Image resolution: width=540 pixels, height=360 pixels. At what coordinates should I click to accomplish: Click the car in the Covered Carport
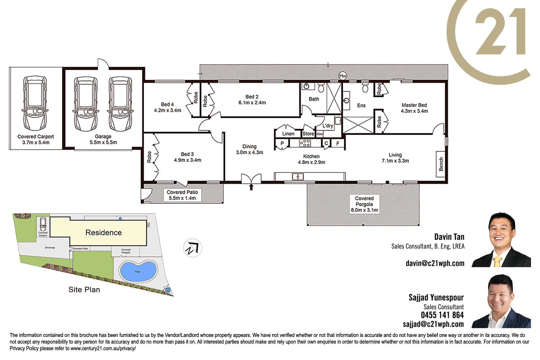pyautogui.click(x=35, y=103)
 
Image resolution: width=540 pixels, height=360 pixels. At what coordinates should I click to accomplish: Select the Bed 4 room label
pyautogui.click(x=167, y=104)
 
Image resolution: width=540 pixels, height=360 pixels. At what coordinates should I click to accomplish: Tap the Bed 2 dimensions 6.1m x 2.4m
pyautogui.click(x=252, y=103)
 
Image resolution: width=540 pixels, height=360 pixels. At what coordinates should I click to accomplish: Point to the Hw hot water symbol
pyautogui.click(x=343, y=76)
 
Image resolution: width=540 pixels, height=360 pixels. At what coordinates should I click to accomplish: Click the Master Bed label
pyautogui.click(x=414, y=105)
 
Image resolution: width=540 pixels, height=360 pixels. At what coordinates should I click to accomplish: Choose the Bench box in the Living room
pyautogui.click(x=441, y=164)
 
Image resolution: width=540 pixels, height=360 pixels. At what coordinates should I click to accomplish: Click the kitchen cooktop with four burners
pyautogui.click(x=305, y=143)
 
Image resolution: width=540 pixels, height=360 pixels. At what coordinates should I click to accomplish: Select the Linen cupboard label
pyautogui.click(x=288, y=134)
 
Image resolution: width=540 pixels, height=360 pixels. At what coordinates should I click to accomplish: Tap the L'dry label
pyautogui.click(x=328, y=126)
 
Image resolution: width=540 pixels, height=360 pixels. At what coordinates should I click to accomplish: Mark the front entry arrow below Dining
pyautogui.click(x=251, y=187)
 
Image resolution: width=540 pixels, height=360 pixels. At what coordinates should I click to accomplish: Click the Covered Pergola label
pyautogui.click(x=364, y=201)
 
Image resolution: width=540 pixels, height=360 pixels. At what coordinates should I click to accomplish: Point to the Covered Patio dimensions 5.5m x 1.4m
pyautogui.click(x=182, y=198)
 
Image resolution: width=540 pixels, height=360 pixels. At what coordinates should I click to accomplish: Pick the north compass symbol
pyautogui.click(x=193, y=248)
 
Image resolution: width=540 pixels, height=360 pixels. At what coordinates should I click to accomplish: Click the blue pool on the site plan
pyautogui.click(x=138, y=271)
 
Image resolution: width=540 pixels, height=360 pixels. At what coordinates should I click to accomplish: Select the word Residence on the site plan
pyautogui.click(x=104, y=233)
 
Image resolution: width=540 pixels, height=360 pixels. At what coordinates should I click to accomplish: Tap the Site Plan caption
pyautogui.click(x=84, y=289)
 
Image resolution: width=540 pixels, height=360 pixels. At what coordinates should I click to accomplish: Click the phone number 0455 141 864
pyautogui.click(x=442, y=315)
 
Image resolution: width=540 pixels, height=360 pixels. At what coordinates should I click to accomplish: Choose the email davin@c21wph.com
pyautogui.click(x=435, y=263)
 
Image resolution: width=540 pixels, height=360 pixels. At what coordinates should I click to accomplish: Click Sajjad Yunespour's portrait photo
pyautogui.click(x=501, y=301)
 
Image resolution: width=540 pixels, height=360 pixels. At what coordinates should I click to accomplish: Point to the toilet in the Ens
pyautogui.click(x=365, y=87)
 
